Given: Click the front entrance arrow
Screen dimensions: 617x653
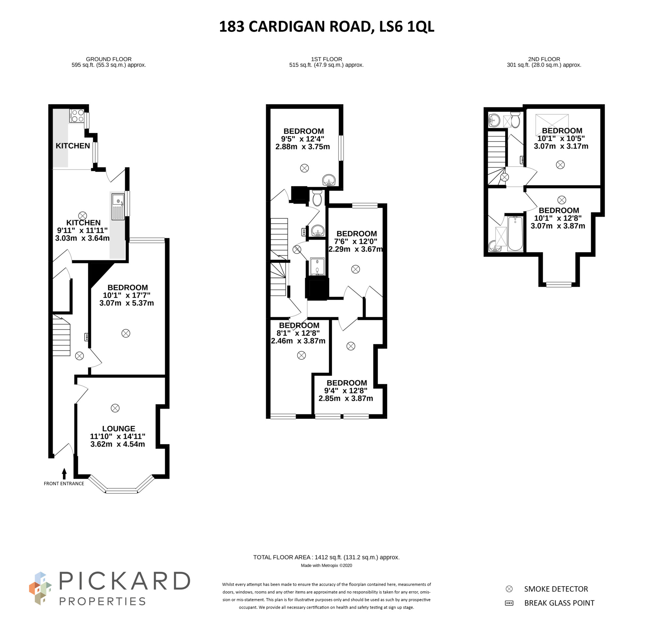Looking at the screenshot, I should [64, 474].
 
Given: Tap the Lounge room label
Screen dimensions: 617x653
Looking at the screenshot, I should [118, 428].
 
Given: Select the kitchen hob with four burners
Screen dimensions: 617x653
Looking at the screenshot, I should [77, 115].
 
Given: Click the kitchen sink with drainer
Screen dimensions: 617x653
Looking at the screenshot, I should [118, 207].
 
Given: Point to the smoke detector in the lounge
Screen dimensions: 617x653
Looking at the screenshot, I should [115, 408].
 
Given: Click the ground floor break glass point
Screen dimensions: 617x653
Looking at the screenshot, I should [87, 337].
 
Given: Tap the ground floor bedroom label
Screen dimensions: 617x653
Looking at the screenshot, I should [128, 288].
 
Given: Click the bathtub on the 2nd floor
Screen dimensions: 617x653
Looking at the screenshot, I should [515, 233].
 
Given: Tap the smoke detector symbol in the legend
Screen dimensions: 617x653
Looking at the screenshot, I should [509, 589].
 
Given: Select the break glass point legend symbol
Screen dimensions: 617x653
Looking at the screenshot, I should [509, 603].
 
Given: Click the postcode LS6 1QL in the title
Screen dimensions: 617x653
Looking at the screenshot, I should [406, 27].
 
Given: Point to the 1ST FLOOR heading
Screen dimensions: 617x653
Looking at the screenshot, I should [326, 59].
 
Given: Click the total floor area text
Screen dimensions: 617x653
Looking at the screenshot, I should [326, 557].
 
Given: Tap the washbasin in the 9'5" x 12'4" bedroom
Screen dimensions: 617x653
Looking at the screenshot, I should [329, 180].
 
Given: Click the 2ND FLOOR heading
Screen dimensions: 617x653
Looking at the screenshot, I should [544, 59].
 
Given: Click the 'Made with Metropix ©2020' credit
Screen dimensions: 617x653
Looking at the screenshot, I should [326, 566].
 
